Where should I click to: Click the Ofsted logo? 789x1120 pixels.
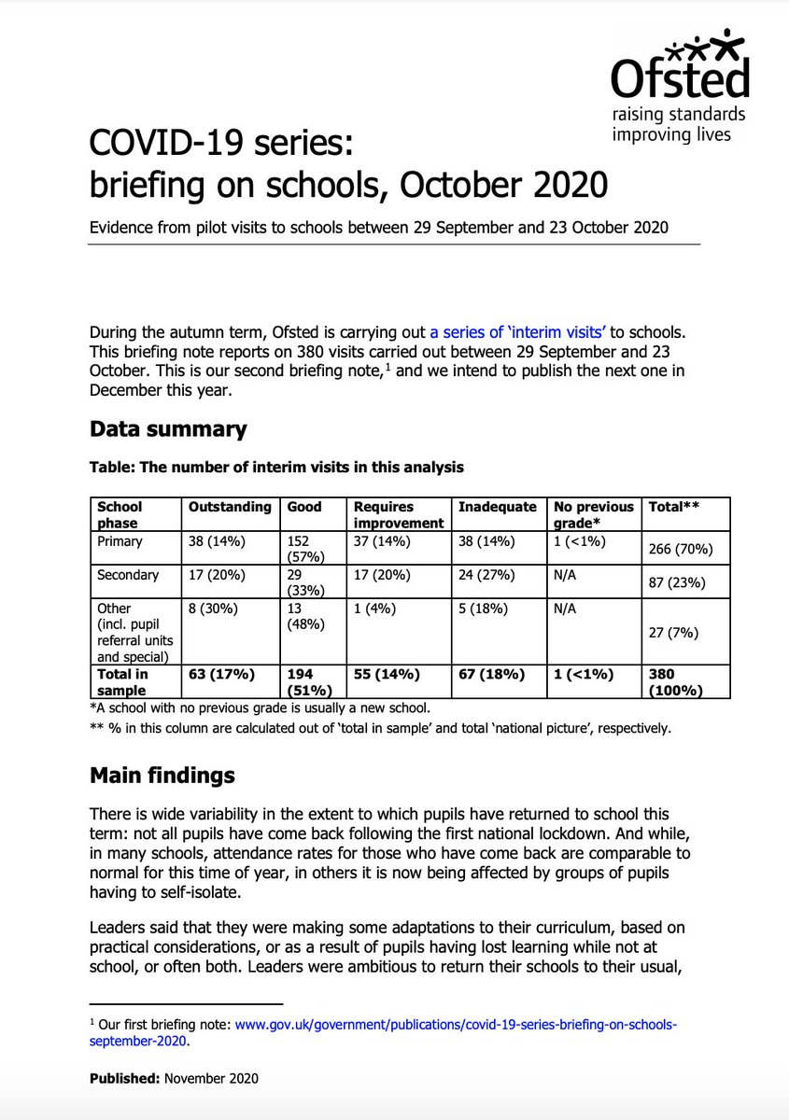[x=679, y=85]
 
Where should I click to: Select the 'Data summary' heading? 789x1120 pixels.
[x=168, y=429]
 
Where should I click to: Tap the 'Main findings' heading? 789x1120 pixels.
[x=162, y=776]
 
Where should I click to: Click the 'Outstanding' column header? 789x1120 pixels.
[x=230, y=507]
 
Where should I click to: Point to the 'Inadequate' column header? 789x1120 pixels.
[x=497, y=507]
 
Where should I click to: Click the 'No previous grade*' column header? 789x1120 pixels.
[x=589, y=515]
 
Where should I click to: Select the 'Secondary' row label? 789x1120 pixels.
[x=127, y=575]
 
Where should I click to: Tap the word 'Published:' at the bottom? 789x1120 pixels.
[x=124, y=1078]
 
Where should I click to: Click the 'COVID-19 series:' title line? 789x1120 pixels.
[x=221, y=146]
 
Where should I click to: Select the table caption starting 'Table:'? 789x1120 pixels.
[x=275, y=467]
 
